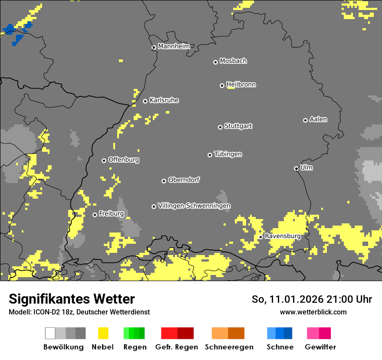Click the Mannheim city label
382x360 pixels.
point(174,46)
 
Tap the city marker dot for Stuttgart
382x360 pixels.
point(220,127)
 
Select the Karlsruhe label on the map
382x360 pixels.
point(164,100)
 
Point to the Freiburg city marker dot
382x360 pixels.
point(95,215)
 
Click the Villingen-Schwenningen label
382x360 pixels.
point(194,206)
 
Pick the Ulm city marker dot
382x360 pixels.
point(296,168)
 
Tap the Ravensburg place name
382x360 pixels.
point(283,236)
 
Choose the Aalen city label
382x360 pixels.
point(318,119)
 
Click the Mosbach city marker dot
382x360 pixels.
point(215,62)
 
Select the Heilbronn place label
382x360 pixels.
point(241,85)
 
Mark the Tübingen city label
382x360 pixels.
point(228,154)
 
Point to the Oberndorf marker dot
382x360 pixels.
point(164,181)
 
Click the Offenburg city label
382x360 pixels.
point(124,160)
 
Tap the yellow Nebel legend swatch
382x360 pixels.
point(103,333)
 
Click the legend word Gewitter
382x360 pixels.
point(320,347)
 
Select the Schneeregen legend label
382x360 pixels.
point(229,347)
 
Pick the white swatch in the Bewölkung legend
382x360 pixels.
point(50,333)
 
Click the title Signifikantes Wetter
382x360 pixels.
point(72,299)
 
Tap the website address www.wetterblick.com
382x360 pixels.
point(313,312)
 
